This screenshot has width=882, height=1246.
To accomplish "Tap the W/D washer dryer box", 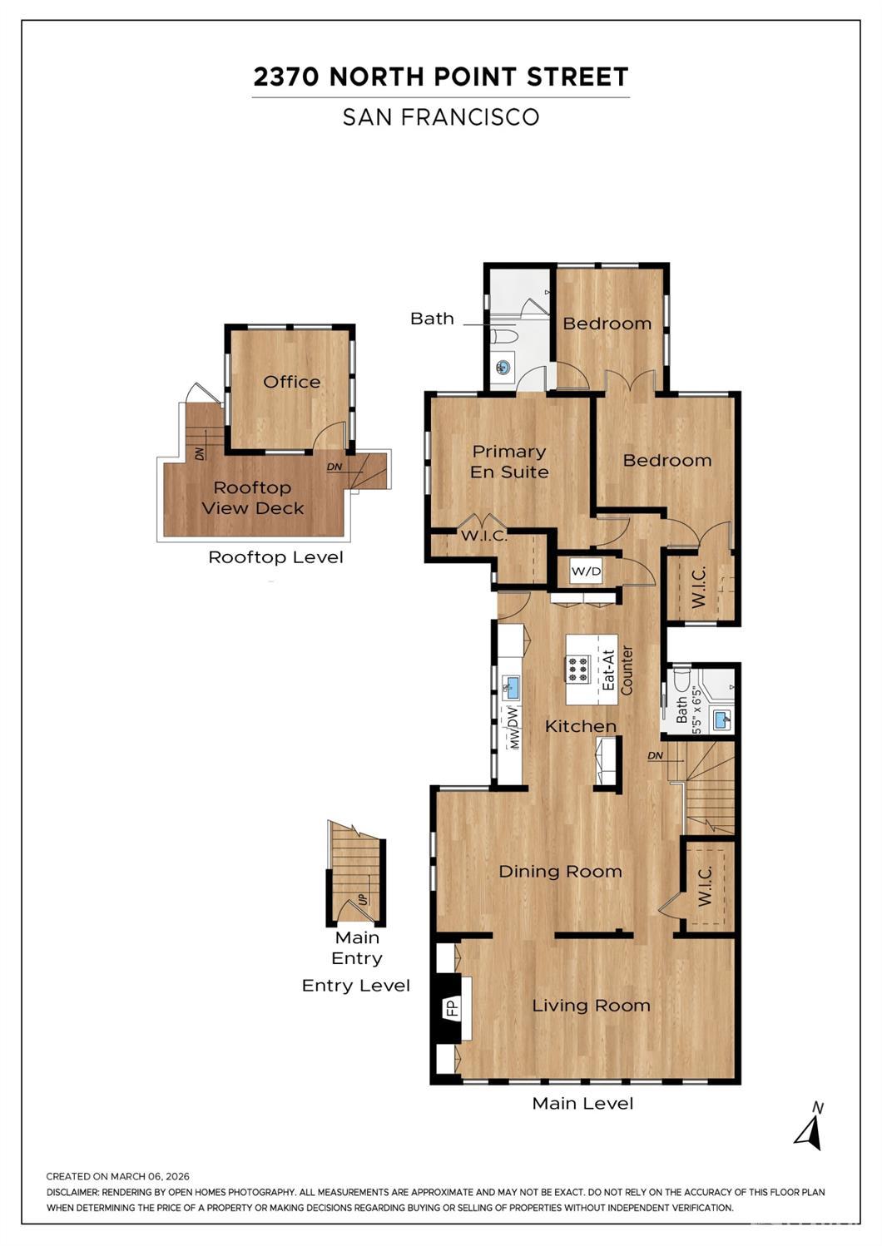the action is (x=586, y=571).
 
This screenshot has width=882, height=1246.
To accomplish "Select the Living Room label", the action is (x=591, y=1005).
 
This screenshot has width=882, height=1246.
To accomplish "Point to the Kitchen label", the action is (x=581, y=726).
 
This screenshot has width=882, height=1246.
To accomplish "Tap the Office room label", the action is (x=291, y=382).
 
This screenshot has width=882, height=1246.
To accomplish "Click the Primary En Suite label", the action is (x=509, y=462).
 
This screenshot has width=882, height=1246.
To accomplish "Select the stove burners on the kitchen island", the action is (x=577, y=670).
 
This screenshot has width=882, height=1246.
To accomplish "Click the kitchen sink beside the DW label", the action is (x=510, y=688).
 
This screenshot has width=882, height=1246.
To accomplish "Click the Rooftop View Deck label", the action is (x=253, y=498).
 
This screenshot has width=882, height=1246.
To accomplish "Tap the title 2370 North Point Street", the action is (x=441, y=77).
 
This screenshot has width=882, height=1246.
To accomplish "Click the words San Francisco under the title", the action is (x=441, y=116).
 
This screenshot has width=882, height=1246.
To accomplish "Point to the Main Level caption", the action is (x=582, y=1103).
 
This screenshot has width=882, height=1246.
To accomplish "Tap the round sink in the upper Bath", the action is (x=504, y=367).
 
